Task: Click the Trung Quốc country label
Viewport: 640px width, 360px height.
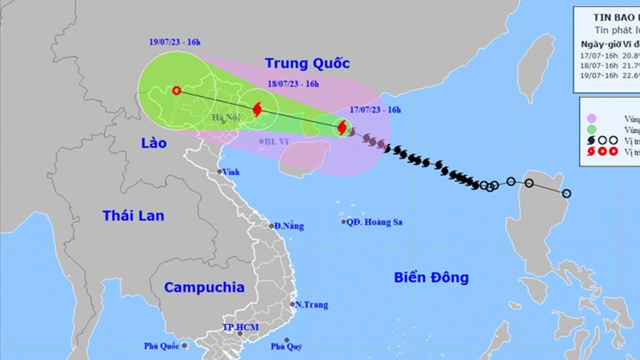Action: [x=307, y=63]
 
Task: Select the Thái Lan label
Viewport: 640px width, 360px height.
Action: [x=133, y=215]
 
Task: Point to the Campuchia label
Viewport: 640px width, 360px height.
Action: [x=204, y=287]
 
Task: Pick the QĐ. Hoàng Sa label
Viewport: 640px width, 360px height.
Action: [x=377, y=222]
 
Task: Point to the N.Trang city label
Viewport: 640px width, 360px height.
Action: [x=312, y=305]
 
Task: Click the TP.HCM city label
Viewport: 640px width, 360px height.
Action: [x=240, y=327]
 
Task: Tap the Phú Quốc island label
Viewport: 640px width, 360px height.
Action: [x=162, y=345]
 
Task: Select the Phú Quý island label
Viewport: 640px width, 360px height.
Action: [x=287, y=346]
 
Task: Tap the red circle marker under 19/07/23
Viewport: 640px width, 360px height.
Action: [x=177, y=91]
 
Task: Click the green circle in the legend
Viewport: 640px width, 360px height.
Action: [x=591, y=129]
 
